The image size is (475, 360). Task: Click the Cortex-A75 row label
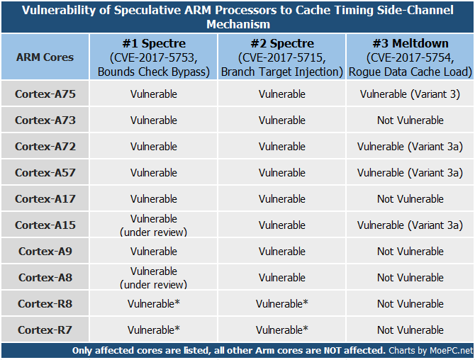coord(45,94)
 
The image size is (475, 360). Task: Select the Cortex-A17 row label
coord(45,199)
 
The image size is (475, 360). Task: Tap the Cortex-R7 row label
coord(45,330)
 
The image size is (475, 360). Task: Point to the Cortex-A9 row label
coord(45,252)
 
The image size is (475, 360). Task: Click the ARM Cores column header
coord(45,57)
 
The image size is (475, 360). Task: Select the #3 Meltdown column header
coord(410,43)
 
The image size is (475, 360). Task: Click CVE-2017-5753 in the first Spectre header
coord(154,57)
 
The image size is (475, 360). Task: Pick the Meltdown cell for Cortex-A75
coord(410,94)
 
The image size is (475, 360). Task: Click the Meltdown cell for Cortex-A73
coord(410,120)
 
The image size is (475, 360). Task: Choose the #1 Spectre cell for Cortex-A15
coord(154,225)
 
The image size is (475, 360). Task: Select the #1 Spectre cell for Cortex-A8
coord(154,278)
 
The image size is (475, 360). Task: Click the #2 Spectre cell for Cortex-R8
coord(282,304)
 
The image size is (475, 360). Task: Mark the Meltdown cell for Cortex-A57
coord(410,173)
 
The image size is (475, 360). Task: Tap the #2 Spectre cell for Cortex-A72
coord(282,147)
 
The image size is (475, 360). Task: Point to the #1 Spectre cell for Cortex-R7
coord(154,330)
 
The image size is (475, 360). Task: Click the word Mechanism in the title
coord(238,24)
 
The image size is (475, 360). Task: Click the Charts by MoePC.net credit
coord(431,351)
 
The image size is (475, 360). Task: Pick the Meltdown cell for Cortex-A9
coord(410,252)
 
